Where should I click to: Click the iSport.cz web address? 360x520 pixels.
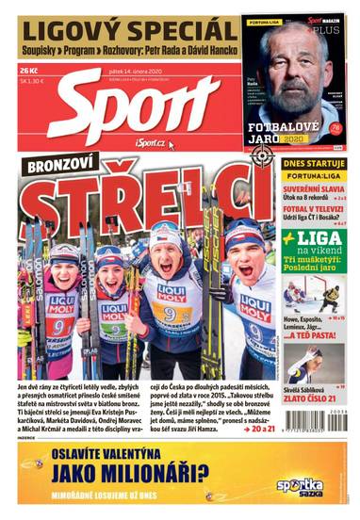click(x=150, y=141)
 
